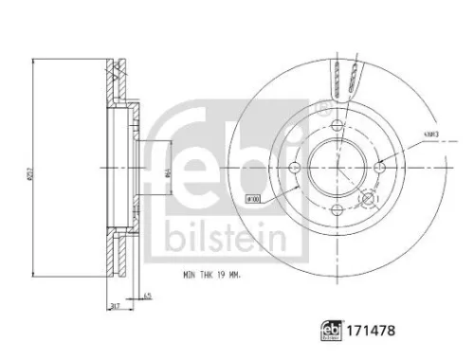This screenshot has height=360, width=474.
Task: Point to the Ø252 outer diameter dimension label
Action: [37, 170]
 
